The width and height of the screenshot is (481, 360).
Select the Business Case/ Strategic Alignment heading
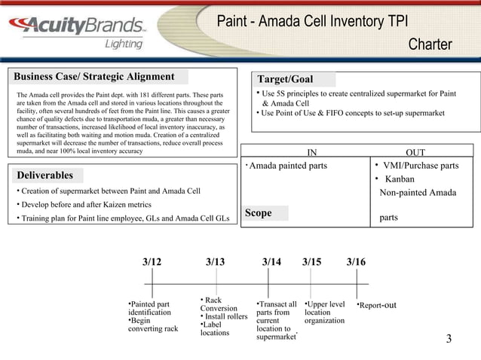pos(94,77)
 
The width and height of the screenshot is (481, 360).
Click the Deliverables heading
pos(45,175)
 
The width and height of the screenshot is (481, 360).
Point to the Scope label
pos(258,214)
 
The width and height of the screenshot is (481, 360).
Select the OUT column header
pos(415,152)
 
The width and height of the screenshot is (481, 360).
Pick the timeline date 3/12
pos(152,262)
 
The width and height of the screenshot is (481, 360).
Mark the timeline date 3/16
pos(356,262)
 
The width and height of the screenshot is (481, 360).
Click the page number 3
pos(449,339)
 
